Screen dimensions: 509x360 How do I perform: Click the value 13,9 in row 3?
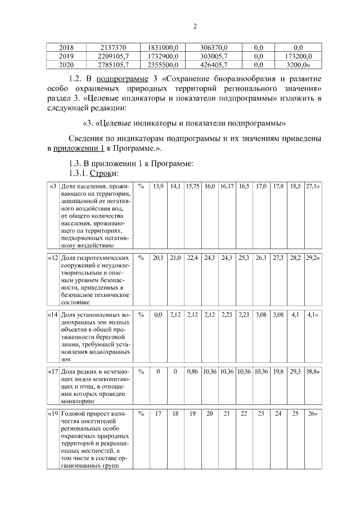(158, 186)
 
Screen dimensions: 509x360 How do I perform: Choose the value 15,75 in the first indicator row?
(192, 186)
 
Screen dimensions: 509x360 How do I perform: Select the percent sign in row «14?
(141, 316)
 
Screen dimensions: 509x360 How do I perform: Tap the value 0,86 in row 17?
(192, 372)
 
